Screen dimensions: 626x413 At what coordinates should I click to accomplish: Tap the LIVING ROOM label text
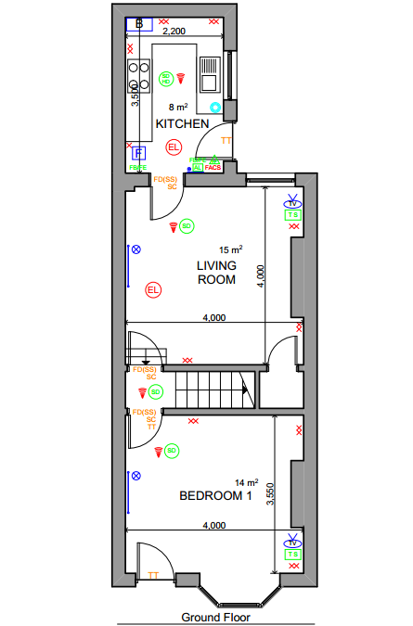[216, 273]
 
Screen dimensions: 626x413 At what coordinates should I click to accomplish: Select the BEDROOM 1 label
[215, 497]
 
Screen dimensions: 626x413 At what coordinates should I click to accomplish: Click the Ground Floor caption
[215, 617]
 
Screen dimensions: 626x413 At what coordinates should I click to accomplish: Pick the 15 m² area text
[230, 250]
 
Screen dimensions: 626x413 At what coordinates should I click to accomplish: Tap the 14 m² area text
[246, 482]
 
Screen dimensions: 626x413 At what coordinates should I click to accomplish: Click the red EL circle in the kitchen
[173, 147]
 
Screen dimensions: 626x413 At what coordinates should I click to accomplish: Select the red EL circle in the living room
[153, 291]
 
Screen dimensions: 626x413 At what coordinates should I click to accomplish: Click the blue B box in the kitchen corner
[139, 22]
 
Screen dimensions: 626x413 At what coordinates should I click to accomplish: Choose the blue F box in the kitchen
[138, 153]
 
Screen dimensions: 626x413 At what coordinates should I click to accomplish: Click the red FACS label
[213, 168]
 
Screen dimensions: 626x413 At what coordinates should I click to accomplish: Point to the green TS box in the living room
[293, 215]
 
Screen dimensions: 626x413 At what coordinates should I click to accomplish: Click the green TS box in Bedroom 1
[293, 555]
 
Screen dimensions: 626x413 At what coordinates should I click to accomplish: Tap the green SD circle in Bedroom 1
[172, 451]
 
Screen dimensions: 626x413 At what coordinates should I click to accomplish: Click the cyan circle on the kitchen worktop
[215, 108]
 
